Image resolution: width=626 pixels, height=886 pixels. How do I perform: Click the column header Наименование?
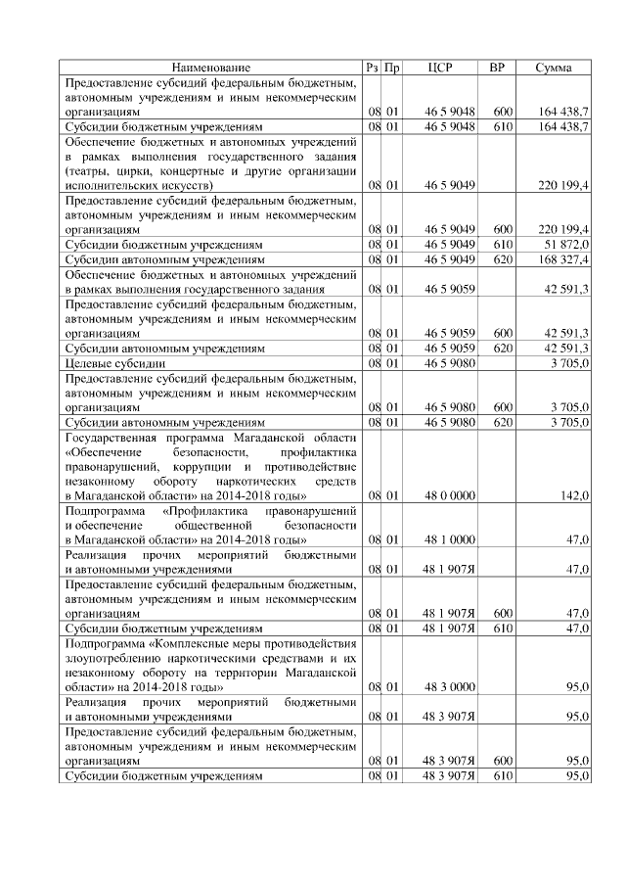pyautogui.click(x=210, y=68)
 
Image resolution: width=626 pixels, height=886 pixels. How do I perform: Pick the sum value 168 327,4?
pyautogui.click(x=561, y=259)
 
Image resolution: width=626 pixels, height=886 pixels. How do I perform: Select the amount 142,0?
pyautogui.click(x=574, y=496)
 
